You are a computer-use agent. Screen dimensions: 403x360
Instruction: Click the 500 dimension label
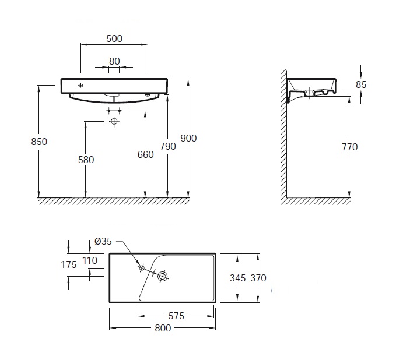tap(114, 39)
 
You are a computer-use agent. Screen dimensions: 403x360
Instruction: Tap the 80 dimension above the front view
tap(114, 61)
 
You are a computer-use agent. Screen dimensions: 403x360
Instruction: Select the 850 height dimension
tap(39, 142)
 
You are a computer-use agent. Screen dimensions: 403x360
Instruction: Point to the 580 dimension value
tap(86, 160)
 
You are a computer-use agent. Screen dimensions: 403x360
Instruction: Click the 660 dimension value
tap(145, 154)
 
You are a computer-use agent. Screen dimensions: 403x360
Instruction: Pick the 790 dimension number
tap(168, 146)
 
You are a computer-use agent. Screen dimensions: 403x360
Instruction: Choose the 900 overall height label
tap(188, 138)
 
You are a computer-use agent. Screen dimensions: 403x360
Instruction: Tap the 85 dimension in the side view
tap(361, 84)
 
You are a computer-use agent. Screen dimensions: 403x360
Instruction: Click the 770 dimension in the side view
tap(350, 147)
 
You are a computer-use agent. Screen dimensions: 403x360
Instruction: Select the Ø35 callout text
tap(103, 241)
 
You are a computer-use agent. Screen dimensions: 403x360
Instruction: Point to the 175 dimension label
tap(69, 264)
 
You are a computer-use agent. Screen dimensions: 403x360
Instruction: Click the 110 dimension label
tap(90, 260)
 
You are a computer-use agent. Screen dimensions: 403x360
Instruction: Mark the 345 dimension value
tap(238, 278)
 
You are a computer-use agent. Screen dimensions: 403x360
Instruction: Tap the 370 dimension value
tap(258, 278)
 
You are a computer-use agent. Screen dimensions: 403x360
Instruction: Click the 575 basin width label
tap(176, 316)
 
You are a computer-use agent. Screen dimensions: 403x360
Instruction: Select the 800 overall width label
tap(163, 328)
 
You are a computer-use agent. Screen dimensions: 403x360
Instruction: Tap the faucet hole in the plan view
tap(141, 269)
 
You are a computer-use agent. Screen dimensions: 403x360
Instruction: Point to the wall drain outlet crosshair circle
tap(114, 121)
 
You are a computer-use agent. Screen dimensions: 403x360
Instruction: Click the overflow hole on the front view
tap(80, 86)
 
